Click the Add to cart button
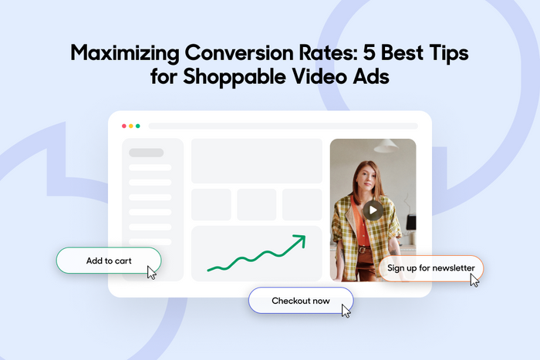tap(109, 261)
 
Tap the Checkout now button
tap(301, 301)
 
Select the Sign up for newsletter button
tap(430, 268)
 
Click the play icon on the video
tap(373, 210)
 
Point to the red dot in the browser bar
tap(124, 126)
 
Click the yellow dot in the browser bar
tap(131, 126)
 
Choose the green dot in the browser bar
tap(138, 126)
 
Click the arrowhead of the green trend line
tap(300, 240)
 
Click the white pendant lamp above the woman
tap(386, 146)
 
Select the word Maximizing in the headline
tap(125, 54)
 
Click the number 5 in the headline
tap(369, 52)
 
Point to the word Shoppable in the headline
tap(235, 77)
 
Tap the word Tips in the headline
tap(449, 54)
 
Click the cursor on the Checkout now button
tap(346, 311)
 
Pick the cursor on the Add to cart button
tap(151, 273)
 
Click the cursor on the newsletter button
tap(474, 281)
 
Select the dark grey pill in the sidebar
tap(147, 153)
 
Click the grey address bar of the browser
tap(283, 126)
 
